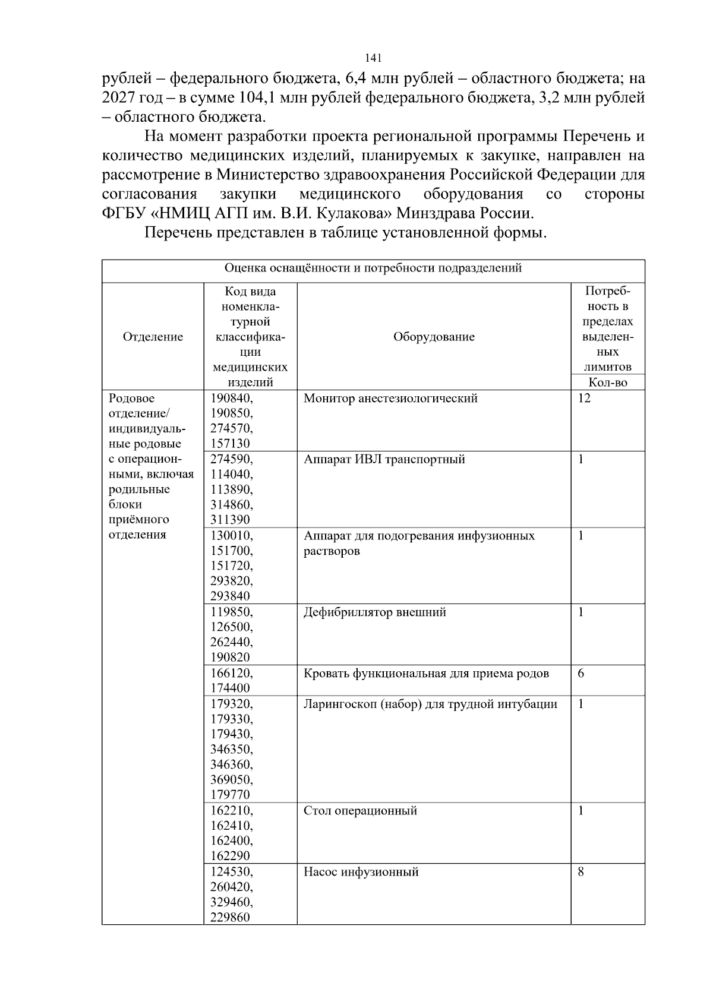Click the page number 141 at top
373,58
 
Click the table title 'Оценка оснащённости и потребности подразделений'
373,268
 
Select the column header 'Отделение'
153,337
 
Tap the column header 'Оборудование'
434,337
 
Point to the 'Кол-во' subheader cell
607,383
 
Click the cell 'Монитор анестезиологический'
390,398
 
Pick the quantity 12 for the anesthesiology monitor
584,398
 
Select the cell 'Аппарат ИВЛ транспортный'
384,459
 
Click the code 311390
231,520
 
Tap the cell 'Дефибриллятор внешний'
374,612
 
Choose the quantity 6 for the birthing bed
581,673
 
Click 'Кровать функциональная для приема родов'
426,673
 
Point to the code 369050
231,779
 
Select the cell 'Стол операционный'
360,810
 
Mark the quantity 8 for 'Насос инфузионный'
581,871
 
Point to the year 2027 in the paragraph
119,97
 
